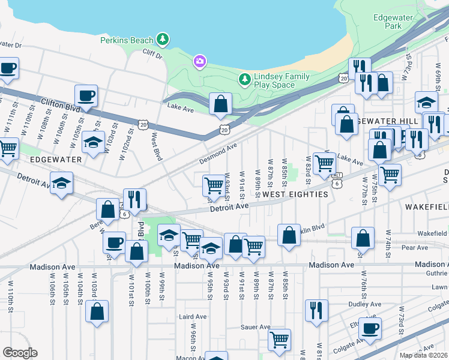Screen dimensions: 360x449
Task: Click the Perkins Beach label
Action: click(126, 40)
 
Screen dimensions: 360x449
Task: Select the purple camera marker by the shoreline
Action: click(199, 61)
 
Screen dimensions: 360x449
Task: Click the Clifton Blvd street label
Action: click(61, 103)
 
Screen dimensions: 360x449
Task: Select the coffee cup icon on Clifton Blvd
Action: click(86, 95)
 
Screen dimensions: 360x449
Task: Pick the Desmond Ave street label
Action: click(219, 154)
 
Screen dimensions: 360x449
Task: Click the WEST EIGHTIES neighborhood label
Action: click(295, 194)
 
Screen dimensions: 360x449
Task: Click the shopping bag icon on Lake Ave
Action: click(221, 104)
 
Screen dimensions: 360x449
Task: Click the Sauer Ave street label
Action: click(256, 327)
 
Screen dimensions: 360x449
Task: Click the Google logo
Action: click(20, 353)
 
